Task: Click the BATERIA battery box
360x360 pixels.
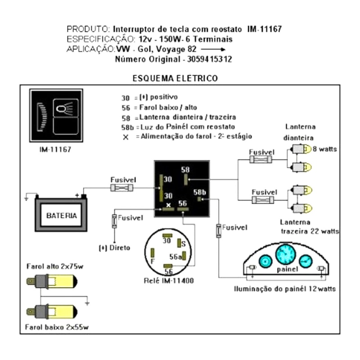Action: (61, 215)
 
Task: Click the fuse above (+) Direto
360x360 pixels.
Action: (114, 220)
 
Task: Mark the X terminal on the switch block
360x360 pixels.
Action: (168, 205)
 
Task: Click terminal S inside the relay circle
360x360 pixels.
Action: (182, 243)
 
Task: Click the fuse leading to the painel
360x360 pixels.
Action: (219, 230)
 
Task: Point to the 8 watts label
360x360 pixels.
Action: (325, 149)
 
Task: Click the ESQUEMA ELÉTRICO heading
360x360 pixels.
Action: (175, 78)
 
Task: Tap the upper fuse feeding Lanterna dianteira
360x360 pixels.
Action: (262, 159)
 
